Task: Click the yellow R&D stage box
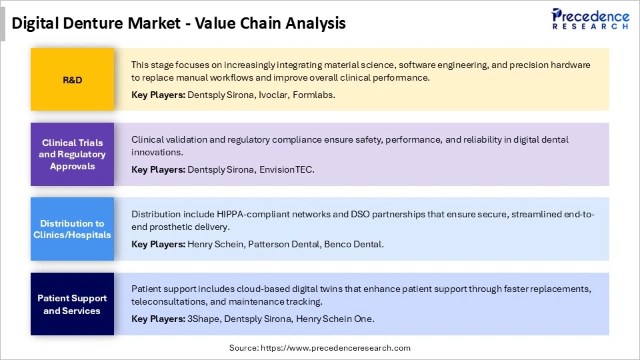click(x=72, y=79)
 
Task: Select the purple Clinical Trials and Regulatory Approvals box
click(x=72, y=154)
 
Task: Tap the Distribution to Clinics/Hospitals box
click(x=72, y=229)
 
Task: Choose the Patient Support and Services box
click(x=72, y=304)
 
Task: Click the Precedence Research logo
click(x=589, y=19)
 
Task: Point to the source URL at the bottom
click(x=319, y=347)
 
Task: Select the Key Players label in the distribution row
click(x=158, y=244)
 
